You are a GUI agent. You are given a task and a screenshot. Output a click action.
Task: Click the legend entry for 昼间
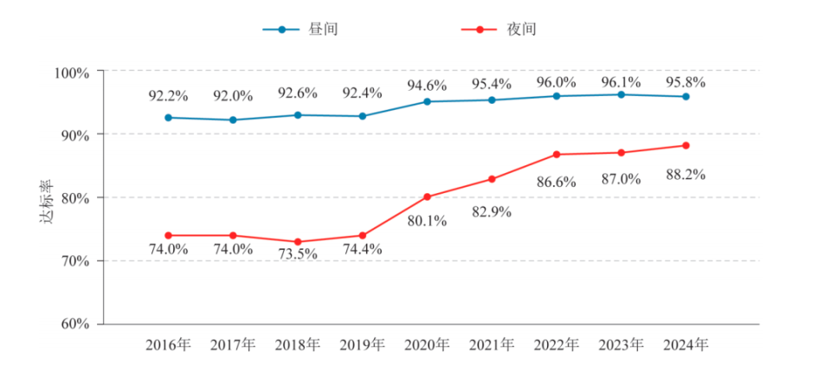point(302,29)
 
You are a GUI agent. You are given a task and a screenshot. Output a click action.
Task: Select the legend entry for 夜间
point(500,29)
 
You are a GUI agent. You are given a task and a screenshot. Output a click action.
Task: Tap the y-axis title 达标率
point(47,202)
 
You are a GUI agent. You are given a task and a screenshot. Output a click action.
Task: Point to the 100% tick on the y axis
point(73,72)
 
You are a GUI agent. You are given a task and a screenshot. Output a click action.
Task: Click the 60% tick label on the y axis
point(75,324)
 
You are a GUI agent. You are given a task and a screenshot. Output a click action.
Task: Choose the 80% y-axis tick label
point(75,198)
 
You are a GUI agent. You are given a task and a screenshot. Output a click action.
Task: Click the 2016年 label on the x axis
point(168,345)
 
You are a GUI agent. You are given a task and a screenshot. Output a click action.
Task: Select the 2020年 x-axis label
point(427,345)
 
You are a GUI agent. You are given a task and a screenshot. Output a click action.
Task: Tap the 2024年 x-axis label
point(686,345)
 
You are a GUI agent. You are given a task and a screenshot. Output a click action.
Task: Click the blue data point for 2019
point(363,116)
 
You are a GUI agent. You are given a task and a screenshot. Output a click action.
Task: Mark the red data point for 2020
point(427,196)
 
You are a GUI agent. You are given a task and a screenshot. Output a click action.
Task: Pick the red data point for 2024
point(686,145)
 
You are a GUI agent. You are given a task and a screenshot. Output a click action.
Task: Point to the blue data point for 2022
point(557,96)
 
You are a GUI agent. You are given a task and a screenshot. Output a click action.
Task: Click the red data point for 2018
point(298,242)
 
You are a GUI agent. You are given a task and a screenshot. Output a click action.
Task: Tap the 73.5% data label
point(298,255)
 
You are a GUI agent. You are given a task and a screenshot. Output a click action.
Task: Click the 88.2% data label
point(684,175)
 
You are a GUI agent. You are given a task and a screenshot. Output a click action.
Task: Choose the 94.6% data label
point(427,86)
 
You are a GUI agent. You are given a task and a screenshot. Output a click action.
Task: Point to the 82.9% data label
point(492,211)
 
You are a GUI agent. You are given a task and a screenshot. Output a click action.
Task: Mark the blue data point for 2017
point(233,120)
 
